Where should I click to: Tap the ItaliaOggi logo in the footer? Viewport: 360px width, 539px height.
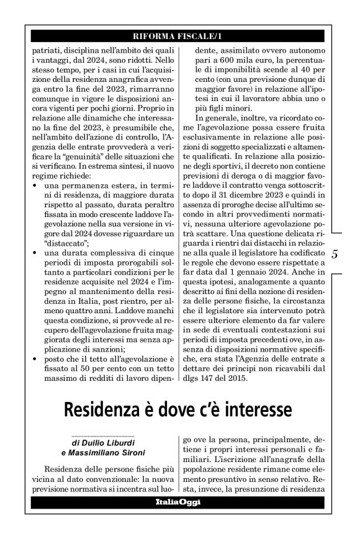179,502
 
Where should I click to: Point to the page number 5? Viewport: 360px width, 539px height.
335,254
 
